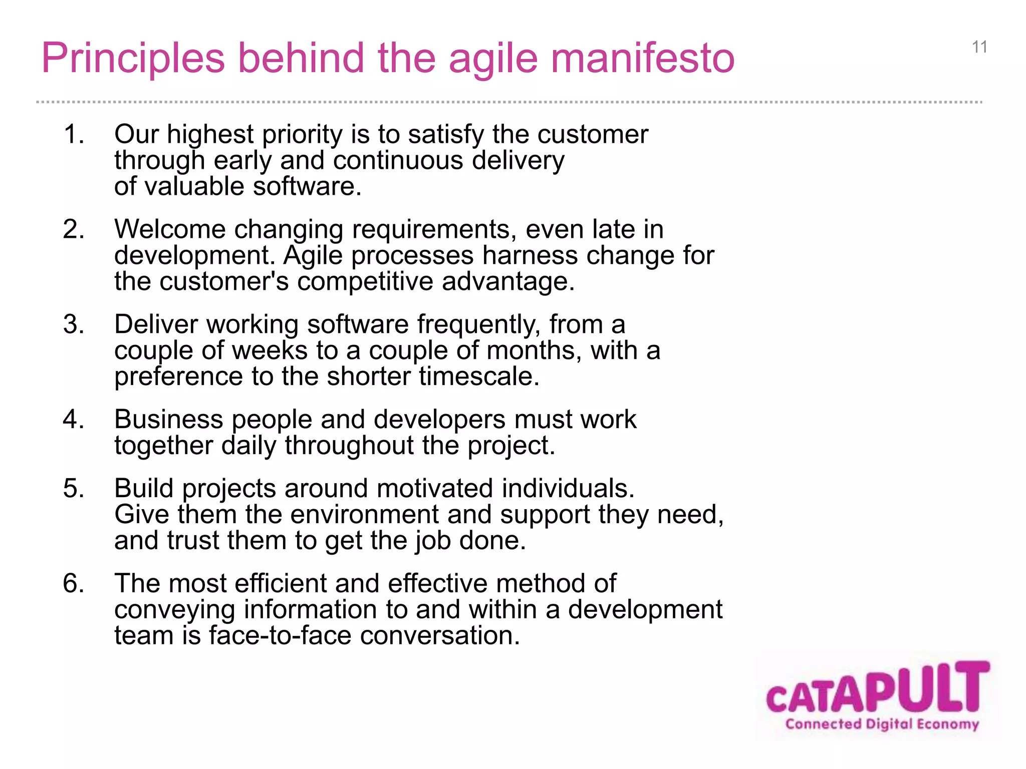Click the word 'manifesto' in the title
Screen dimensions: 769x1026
(x=643, y=58)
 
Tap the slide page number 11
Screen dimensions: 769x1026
(x=979, y=47)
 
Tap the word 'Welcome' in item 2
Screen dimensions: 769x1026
(x=170, y=229)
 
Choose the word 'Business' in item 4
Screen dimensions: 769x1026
(x=168, y=419)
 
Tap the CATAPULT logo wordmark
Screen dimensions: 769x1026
(x=878, y=688)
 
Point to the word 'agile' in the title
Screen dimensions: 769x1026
(x=493, y=58)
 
